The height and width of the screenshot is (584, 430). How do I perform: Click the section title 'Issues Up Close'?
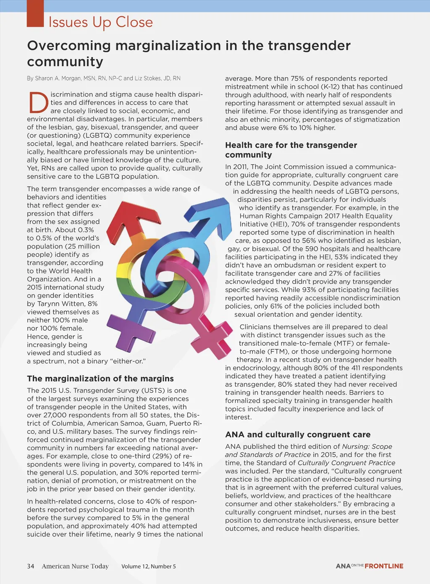pos(100,22)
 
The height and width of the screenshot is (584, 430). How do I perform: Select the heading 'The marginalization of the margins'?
pos(100,378)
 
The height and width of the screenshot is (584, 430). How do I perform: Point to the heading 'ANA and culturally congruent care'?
pos(298,435)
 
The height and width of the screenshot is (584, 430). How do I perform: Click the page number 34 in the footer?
pos(31,566)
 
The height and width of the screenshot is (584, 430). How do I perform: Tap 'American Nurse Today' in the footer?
pos(75,566)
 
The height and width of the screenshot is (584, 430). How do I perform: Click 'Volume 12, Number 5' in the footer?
pos(149,566)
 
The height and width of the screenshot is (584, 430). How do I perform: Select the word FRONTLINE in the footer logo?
pos(384,566)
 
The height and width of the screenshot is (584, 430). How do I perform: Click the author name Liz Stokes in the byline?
pos(149,78)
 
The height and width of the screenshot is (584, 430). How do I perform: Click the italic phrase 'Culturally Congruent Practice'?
pos(346,463)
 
